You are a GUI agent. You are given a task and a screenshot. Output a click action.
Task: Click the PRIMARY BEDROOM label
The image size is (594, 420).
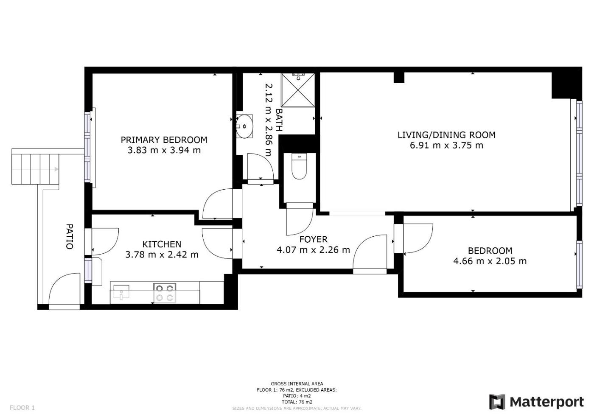[x=164, y=140]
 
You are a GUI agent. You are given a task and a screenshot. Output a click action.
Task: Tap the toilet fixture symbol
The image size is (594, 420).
[x=299, y=166]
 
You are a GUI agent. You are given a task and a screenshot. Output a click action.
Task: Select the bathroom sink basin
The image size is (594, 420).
[x=244, y=126]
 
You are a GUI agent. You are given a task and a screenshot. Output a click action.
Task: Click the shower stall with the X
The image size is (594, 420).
[x=298, y=90]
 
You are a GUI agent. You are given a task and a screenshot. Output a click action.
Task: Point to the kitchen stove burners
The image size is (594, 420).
[x=165, y=293]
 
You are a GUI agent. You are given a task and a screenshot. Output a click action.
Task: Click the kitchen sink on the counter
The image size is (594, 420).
[x=121, y=292]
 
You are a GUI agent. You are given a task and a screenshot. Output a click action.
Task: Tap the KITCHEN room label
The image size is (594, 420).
[x=162, y=244]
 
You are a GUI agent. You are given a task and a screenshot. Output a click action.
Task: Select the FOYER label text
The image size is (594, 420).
[x=314, y=239]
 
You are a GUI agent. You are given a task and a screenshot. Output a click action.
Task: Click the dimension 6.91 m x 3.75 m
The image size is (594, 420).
[x=446, y=145]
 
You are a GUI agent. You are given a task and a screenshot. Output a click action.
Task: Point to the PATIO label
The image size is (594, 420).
[x=70, y=237]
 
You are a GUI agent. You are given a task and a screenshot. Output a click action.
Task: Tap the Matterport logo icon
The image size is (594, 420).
[x=497, y=402]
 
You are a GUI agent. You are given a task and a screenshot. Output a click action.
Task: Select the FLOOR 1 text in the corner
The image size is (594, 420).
[x=22, y=408]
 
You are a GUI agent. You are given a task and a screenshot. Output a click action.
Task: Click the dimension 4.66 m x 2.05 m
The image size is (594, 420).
[x=490, y=261]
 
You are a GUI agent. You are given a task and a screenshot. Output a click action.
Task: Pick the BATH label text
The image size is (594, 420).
[x=279, y=120]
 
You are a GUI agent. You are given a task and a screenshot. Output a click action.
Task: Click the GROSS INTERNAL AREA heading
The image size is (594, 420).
[x=297, y=384]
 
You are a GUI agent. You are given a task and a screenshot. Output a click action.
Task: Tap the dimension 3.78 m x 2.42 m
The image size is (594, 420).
[x=162, y=255]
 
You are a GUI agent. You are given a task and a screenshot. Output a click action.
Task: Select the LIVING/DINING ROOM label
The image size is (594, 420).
[x=446, y=135]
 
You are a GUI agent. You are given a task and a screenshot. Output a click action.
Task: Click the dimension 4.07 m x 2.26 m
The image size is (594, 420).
[x=314, y=250]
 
